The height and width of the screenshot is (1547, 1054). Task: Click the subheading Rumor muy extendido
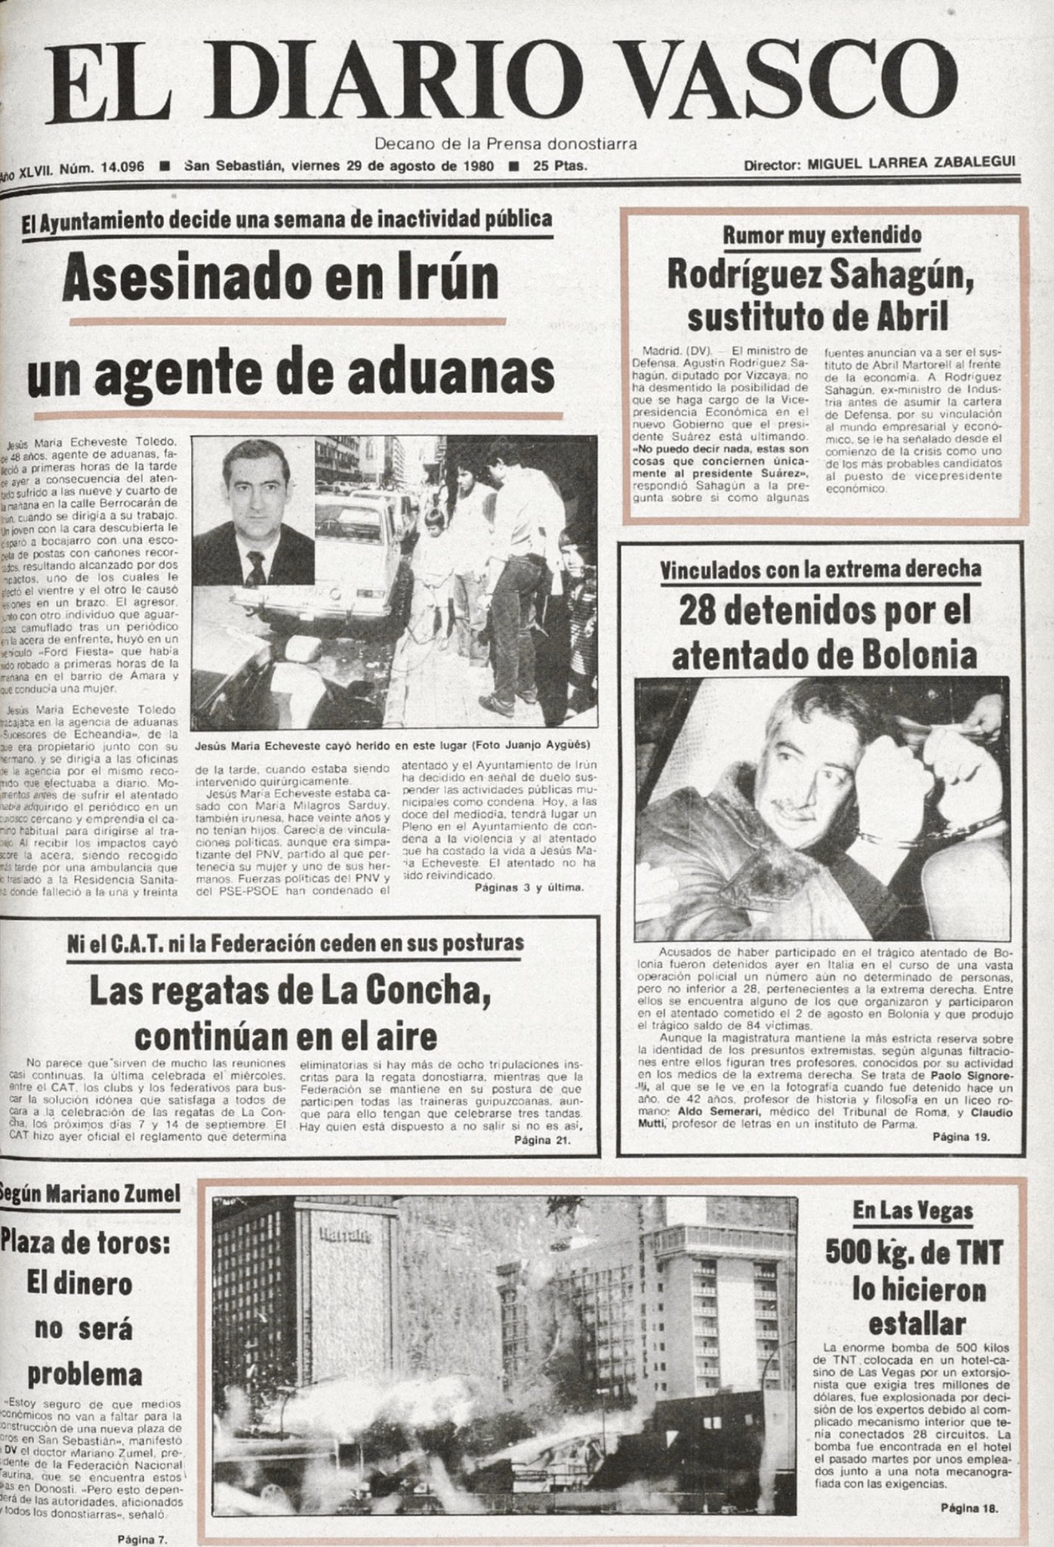(x=821, y=235)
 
